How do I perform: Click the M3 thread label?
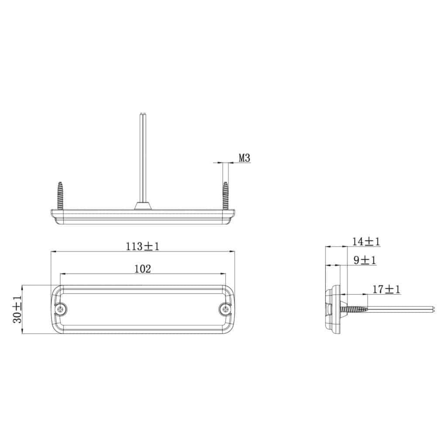(x=244, y=158)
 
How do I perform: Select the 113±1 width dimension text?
(x=142, y=246)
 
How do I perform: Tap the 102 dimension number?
(x=143, y=268)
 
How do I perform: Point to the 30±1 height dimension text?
(x=17, y=309)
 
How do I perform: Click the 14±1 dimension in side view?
(x=366, y=242)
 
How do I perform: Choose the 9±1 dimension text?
(x=364, y=260)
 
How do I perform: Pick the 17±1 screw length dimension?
(x=386, y=290)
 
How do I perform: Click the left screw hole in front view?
(x=60, y=309)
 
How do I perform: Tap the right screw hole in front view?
(x=225, y=309)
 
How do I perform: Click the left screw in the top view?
(x=60, y=196)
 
